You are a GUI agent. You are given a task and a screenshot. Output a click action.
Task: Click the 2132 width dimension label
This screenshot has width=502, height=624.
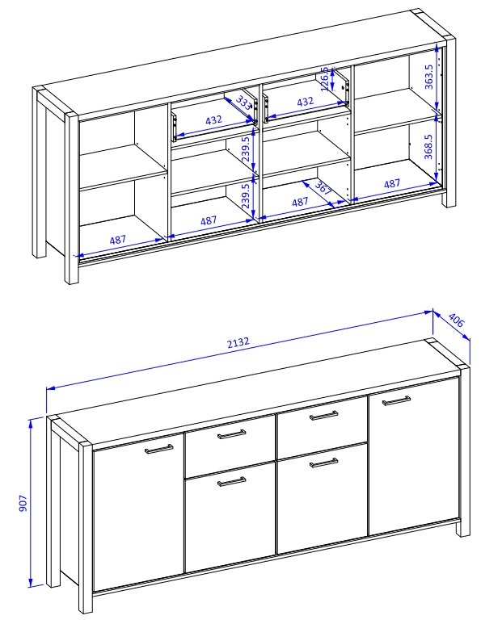click(238, 342)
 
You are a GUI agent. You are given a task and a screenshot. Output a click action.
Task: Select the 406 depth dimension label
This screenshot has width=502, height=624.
click(457, 320)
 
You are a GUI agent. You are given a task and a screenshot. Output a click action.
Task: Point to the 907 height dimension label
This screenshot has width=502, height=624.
click(23, 503)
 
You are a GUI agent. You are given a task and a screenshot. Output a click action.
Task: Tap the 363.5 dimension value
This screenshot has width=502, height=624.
click(428, 77)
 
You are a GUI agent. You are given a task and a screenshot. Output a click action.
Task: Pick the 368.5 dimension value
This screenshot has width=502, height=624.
click(428, 146)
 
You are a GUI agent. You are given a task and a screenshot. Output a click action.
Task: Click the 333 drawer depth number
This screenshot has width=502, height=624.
click(244, 103)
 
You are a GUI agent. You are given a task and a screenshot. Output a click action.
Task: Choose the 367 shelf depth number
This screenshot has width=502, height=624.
click(323, 188)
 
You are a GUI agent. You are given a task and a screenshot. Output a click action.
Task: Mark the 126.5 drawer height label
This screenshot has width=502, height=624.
click(325, 79)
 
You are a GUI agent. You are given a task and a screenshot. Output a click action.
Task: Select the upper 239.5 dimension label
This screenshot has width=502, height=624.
click(246, 149)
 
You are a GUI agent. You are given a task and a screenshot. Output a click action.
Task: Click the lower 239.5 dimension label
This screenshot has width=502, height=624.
click(246, 195)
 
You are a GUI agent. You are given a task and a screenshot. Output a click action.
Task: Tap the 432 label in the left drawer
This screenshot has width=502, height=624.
click(213, 119)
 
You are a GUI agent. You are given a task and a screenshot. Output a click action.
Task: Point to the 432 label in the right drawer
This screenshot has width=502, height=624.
click(306, 102)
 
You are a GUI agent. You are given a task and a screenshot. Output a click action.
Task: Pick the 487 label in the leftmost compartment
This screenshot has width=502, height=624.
click(118, 240)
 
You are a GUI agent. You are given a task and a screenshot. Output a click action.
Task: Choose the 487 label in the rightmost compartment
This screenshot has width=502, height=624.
click(392, 183)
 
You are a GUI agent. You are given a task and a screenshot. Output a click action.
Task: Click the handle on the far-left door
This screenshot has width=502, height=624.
click(159, 450)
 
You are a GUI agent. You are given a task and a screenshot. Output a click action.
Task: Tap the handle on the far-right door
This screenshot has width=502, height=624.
click(397, 400)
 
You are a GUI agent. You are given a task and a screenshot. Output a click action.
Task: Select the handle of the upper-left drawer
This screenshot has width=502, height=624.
click(232, 434)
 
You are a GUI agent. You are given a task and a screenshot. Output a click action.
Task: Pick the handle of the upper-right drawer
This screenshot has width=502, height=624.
click(324, 416)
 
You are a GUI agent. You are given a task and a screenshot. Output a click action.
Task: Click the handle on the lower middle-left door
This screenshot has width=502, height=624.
click(232, 482)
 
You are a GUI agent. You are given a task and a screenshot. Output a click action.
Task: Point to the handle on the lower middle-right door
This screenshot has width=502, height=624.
click(324, 463)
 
